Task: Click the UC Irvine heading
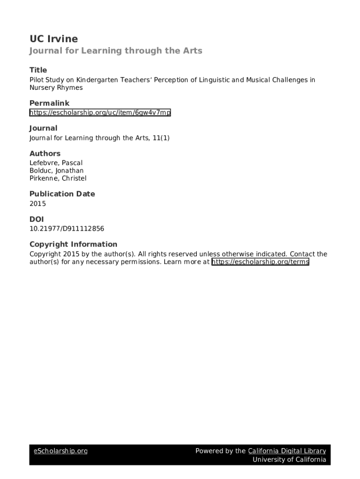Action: pos(54,39)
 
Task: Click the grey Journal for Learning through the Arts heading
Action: pos(116,51)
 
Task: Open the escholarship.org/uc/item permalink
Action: pos(100,113)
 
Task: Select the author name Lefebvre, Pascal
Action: pos(56,163)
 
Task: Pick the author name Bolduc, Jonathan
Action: pos(57,171)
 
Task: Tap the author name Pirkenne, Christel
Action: pos(58,178)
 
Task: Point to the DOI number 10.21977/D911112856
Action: pos(67,229)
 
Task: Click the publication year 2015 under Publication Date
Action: pos(38,203)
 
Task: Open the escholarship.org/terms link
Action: pos(260,262)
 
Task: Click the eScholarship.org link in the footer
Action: pos(61,451)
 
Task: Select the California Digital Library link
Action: pos(287,451)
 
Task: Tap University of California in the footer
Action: pos(289,459)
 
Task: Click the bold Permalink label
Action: pos(50,103)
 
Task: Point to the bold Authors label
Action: pos(45,153)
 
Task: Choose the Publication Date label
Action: pos(62,194)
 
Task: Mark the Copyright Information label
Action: pos(73,244)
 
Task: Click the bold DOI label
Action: pos(36,219)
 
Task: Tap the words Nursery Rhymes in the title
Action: pos(56,87)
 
